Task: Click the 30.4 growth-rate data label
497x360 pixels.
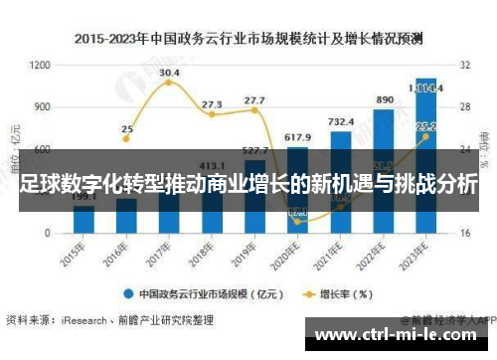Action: (x=169, y=73)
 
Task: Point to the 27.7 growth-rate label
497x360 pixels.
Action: (x=254, y=99)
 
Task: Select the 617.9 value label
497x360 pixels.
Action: (x=297, y=136)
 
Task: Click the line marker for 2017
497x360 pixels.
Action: (x=169, y=83)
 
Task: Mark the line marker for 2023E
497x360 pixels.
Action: (x=425, y=137)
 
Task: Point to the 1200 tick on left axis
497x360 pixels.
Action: (x=40, y=65)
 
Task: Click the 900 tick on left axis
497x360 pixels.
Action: (x=43, y=106)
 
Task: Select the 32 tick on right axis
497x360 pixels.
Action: (x=465, y=65)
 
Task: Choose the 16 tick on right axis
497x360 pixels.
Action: (x=465, y=233)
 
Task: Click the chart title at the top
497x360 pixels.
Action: (x=248, y=39)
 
